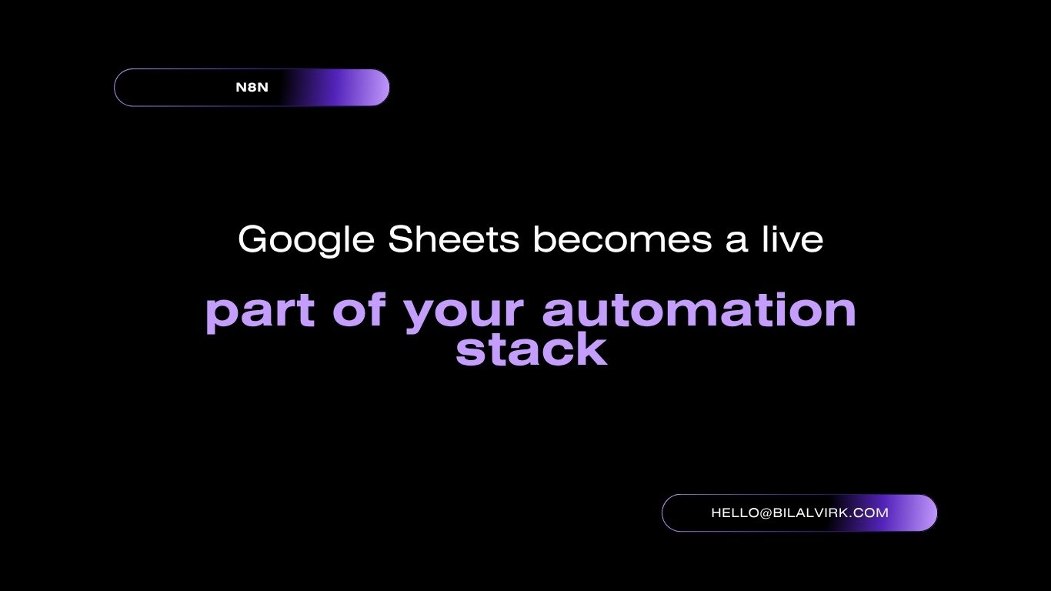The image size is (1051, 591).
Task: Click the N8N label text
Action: pyautogui.click(x=252, y=87)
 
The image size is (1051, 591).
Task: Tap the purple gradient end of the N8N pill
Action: pyautogui.click(x=356, y=87)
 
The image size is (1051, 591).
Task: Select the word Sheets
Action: pyautogui.click(x=454, y=239)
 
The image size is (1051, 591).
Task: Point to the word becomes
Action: pyautogui.click(x=622, y=239)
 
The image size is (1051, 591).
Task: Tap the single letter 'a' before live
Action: pyautogui.click(x=736, y=243)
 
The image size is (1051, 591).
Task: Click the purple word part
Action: pyautogui.click(x=260, y=312)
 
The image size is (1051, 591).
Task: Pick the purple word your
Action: pyautogui.click(x=464, y=313)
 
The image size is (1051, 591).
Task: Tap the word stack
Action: pyautogui.click(x=532, y=349)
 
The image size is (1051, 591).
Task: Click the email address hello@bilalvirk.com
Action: pyautogui.click(x=799, y=513)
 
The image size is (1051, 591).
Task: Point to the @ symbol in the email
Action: pyautogui.click(x=765, y=513)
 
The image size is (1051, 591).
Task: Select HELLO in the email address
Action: pyautogui.click(x=735, y=513)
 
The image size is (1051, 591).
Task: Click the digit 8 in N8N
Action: pyautogui.click(x=252, y=87)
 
